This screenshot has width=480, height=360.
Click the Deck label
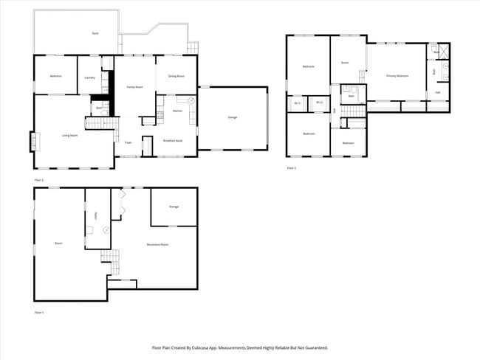[x=95, y=34]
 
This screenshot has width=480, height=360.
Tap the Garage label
[x=232, y=117]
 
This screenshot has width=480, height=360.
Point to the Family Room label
[x=134, y=87]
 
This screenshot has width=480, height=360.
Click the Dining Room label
[x=176, y=77]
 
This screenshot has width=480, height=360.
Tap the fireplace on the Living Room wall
[x=32, y=140]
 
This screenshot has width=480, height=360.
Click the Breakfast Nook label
[x=173, y=140]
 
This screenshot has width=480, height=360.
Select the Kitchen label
[x=177, y=111]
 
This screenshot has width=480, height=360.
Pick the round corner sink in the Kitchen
[x=191, y=100]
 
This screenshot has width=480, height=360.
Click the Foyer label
[x=128, y=142]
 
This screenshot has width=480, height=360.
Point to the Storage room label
[x=174, y=207]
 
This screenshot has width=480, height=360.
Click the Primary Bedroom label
[x=398, y=76]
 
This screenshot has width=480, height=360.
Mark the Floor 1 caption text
[x=39, y=313]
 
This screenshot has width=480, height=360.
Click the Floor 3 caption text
[x=292, y=168]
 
